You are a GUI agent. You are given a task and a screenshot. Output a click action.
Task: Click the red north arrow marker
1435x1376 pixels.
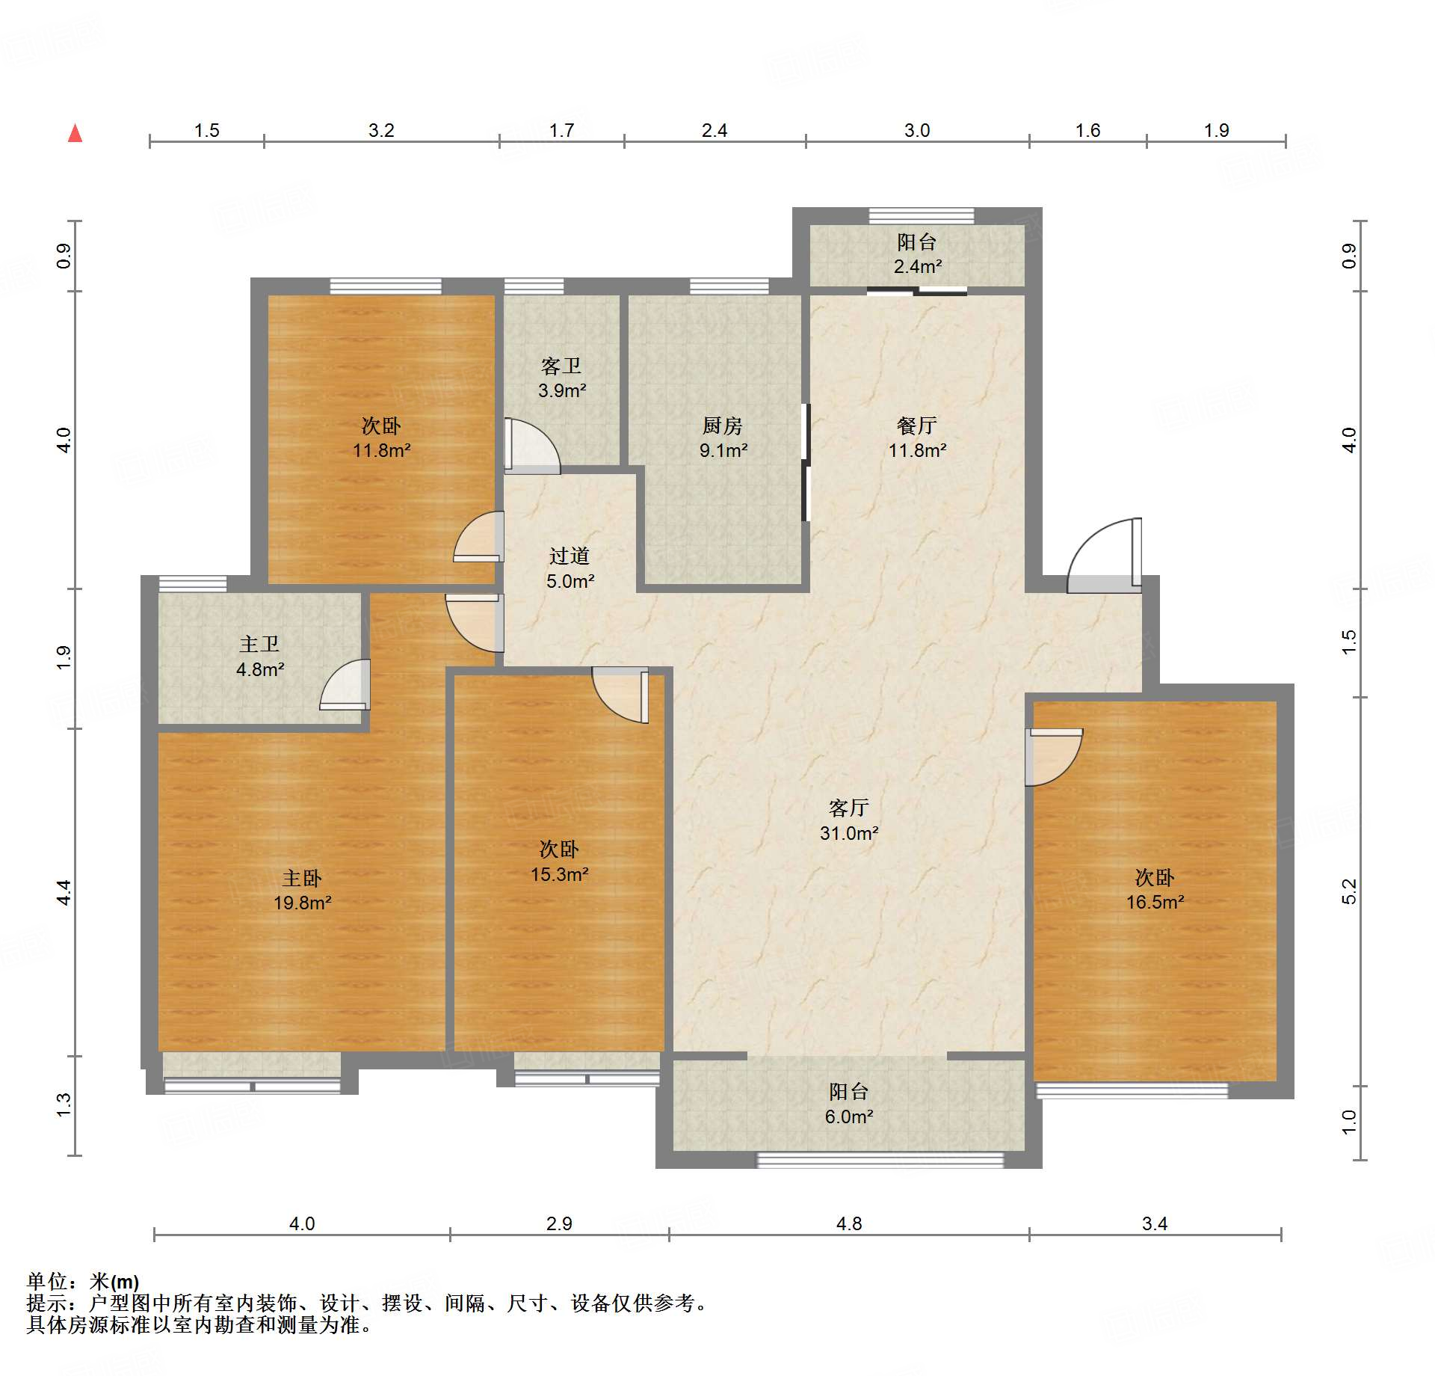point(75,133)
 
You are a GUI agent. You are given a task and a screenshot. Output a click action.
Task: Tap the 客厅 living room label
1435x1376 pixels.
point(849,808)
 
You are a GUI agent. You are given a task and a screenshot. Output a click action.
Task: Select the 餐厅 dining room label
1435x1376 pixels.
point(917,426)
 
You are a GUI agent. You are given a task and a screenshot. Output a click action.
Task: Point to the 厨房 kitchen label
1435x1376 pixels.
point(723,426)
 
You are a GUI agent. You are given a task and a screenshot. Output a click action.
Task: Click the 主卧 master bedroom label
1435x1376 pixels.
point(302,878)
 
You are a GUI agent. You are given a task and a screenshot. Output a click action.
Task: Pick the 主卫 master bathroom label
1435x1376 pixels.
point(259,644)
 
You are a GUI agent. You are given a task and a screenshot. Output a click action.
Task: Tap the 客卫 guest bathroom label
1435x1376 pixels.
point(561,366)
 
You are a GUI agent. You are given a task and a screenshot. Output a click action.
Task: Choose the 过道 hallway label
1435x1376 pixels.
point(570,556)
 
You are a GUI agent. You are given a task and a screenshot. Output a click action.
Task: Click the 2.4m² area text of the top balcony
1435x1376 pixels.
point(918,266)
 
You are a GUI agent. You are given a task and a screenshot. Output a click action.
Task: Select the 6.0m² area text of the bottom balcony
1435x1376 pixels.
point(849,1117)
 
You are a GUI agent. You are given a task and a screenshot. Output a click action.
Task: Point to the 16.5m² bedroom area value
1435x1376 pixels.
point(1155,902)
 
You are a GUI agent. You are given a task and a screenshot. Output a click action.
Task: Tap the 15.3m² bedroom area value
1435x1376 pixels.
point(560,874)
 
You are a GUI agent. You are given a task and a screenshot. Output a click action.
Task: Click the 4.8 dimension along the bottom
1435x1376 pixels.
point(849,1223)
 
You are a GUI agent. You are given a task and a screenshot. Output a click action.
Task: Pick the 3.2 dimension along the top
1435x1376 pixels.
point(381,130)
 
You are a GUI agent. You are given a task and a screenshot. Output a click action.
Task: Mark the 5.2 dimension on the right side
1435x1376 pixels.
point(1348,891)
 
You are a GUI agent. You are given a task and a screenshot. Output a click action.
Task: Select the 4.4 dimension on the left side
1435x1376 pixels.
point(64,892)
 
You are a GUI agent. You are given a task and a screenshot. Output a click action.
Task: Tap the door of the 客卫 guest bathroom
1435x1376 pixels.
point(532,446)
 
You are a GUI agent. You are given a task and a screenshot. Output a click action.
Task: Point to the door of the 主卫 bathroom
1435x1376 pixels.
point(345,684)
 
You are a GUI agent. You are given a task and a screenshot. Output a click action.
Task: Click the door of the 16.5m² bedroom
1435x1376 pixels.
point(1054,757)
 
